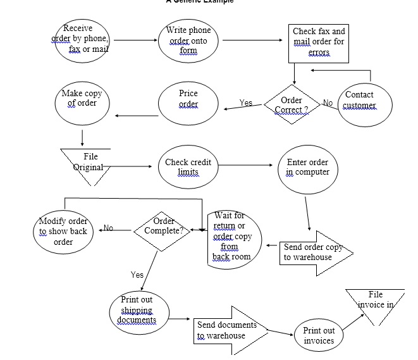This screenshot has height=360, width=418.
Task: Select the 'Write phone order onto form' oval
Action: click(x=188, y=41)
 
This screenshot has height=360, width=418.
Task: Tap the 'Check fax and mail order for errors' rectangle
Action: click(x=319, y=42)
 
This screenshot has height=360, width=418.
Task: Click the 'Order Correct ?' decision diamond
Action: click(x=292, y=104)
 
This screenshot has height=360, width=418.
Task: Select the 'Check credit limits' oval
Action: click(x=188, y=167)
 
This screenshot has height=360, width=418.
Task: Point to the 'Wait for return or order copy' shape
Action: click(x=233, y=237)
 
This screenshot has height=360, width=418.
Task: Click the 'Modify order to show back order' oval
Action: click(x=63, y=231)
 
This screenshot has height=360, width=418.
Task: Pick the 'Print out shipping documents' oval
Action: click(x=137, y=310)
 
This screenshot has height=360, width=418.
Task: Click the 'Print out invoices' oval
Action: click(x=319, y=335)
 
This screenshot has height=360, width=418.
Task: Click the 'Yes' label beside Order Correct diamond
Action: click(x=246, y=102)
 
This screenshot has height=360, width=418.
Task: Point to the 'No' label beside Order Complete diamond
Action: click(x=108, y=228)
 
